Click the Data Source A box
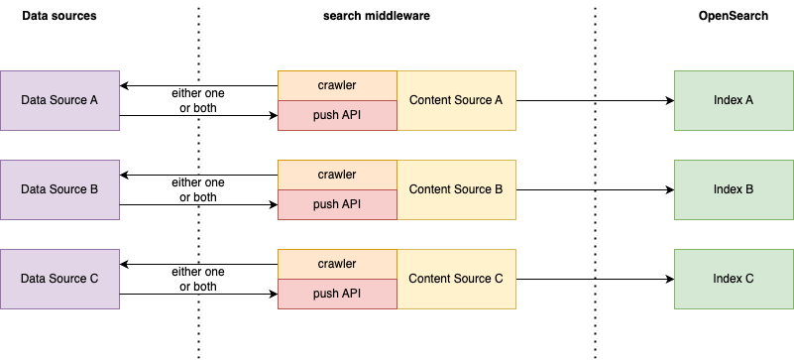(59, 100)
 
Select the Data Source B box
(59, 189)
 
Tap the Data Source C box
(59, 279)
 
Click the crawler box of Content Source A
(337, 85)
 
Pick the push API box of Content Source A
(337, 116)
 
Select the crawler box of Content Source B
(337, 175)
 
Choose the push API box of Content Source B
(337, 205)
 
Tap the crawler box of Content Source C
(337, 264)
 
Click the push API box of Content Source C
(337, 295)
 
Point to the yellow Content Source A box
(456, 100)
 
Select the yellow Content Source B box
(456, 189)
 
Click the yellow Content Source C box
(456, 279)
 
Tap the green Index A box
(734, 100)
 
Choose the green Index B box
(734, 189)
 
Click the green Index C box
(734, 279)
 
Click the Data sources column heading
(59, 16)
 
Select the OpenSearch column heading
(734, 16)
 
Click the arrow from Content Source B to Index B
(595, 189)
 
